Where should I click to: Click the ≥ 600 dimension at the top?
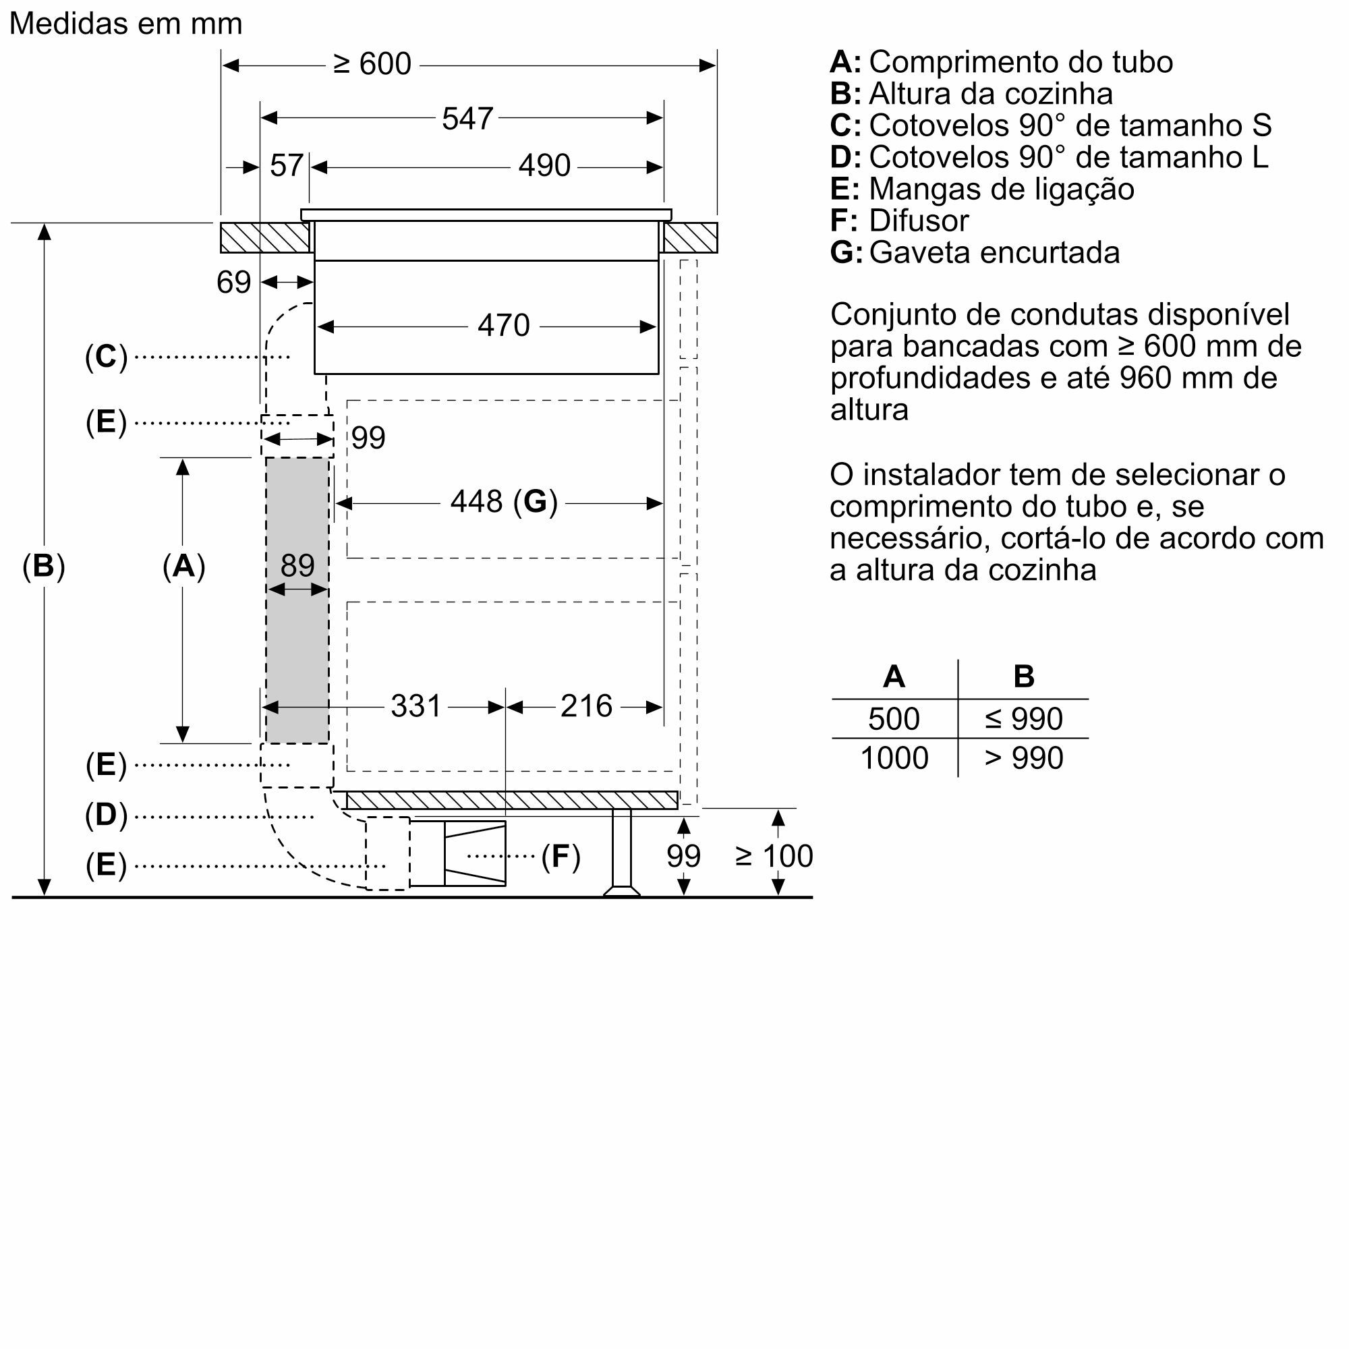(372, 65)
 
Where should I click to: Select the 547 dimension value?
(467, 119)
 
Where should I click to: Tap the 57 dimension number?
(286, 166)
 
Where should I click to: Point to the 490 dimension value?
(544, 166)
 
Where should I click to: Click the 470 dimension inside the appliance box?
(503, 326)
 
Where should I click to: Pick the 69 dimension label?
(233, 283)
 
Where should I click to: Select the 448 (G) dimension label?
(503, 502)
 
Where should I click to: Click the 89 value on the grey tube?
(297, 566)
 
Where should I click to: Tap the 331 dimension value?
(416, 707)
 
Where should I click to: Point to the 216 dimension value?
(586, 707)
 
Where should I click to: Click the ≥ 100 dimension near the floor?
(774, 856)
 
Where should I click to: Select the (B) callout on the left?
(43, 567)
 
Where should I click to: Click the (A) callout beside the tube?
(183, 567)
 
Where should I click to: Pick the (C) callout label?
(106, 357)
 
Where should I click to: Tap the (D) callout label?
(106, 815)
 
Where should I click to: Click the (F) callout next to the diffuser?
(561, 857)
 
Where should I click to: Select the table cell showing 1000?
(894, 758)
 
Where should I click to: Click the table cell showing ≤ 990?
(1024, 719)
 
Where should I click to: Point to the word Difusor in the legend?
(918, 221)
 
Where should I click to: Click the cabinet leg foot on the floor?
(621, 890)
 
